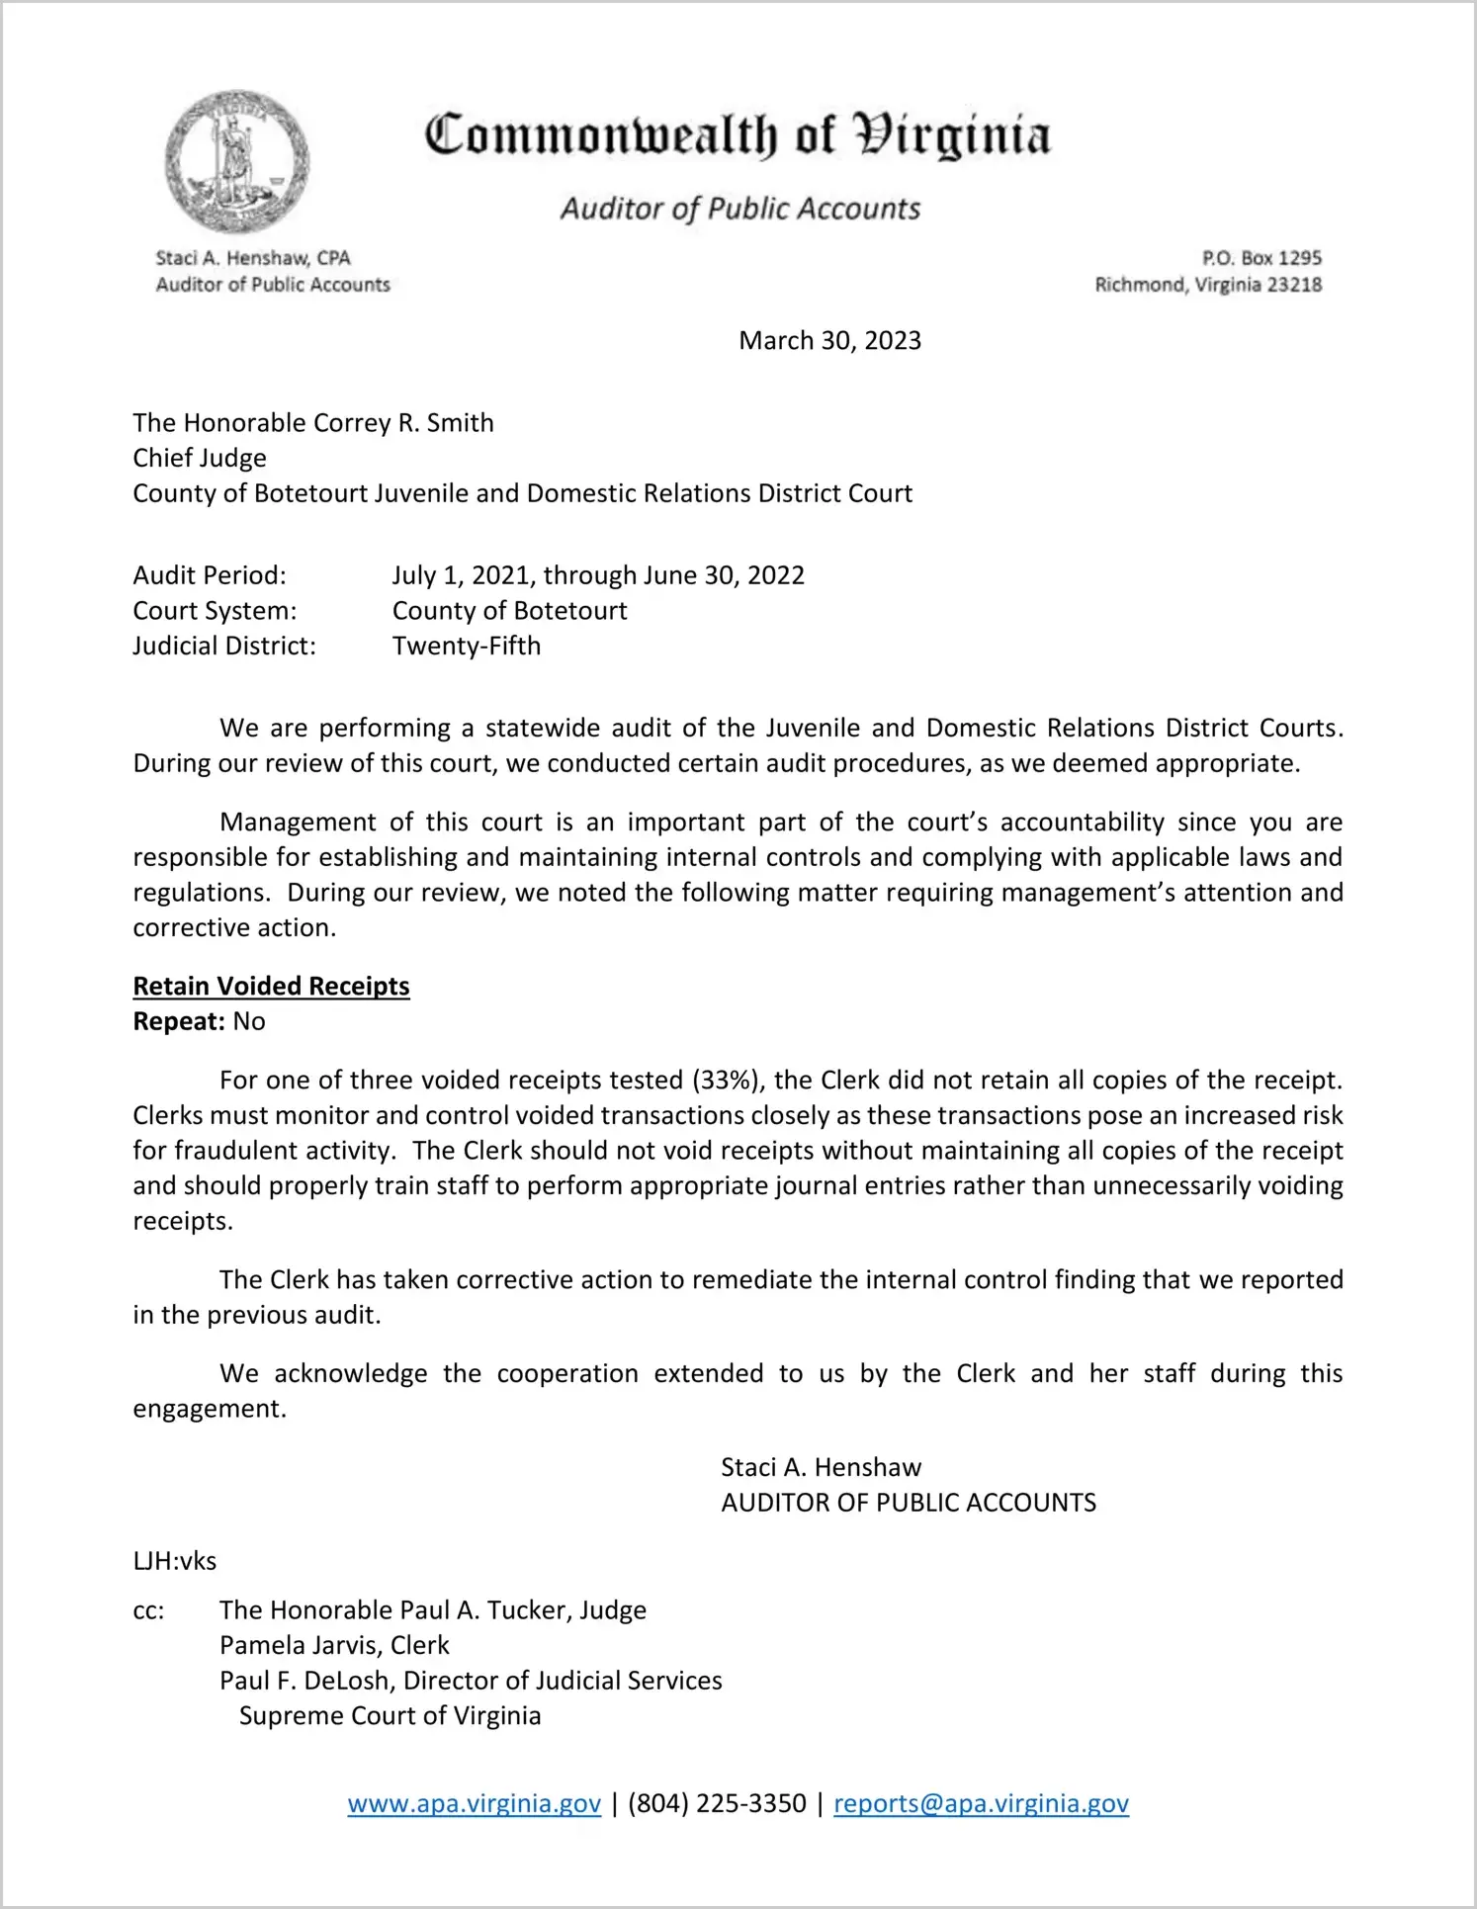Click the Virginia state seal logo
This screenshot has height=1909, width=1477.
coord(236,161)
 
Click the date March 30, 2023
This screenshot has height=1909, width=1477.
coord(829,341)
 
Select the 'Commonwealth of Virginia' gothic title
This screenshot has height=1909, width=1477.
coord(738,136)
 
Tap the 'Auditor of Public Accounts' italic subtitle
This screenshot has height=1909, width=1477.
coord(740,209)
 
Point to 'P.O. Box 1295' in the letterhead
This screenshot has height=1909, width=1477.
coord(1261,258)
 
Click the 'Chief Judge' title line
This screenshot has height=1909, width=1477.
coord(200,459)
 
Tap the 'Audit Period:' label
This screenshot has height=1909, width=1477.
coord(210,575)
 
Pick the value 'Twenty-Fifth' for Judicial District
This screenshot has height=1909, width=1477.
coord(467,647)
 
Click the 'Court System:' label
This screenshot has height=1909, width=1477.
coord(215,611)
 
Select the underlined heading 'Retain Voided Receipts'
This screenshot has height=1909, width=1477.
coord(271,987)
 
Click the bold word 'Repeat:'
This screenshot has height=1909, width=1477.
coord(179,1021)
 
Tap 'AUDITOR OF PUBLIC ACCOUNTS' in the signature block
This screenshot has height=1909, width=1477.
coord(909,1503)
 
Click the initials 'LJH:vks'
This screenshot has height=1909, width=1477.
coord(175,1561)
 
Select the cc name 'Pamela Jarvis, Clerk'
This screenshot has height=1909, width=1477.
coord(334,1645)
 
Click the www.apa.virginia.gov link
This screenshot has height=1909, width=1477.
coord(474,1803)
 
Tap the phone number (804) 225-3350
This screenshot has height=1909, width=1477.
coord(717,1803)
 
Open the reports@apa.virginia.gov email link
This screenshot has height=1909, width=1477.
coord(981,1803)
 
